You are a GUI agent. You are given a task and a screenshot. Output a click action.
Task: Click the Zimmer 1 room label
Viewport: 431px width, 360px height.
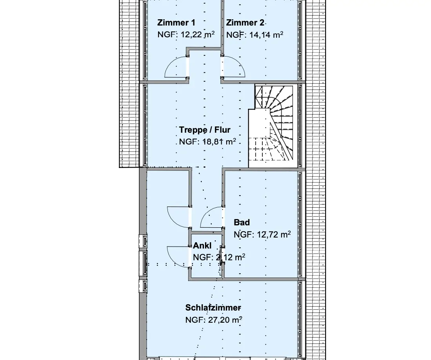point(176,22)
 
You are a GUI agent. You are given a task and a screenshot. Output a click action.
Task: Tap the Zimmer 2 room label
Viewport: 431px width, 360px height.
point(245,22)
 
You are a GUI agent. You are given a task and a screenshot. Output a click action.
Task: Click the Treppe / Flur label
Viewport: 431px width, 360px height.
point(205,130)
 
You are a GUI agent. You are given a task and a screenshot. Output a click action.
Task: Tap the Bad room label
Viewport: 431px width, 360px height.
point(242,222)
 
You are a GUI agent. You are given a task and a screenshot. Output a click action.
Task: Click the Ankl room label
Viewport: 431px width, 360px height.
point(202,245)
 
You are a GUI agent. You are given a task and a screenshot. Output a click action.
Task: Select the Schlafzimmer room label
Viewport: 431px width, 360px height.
point(213,307)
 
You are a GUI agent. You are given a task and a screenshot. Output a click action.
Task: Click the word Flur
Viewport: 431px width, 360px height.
point(222,130)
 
